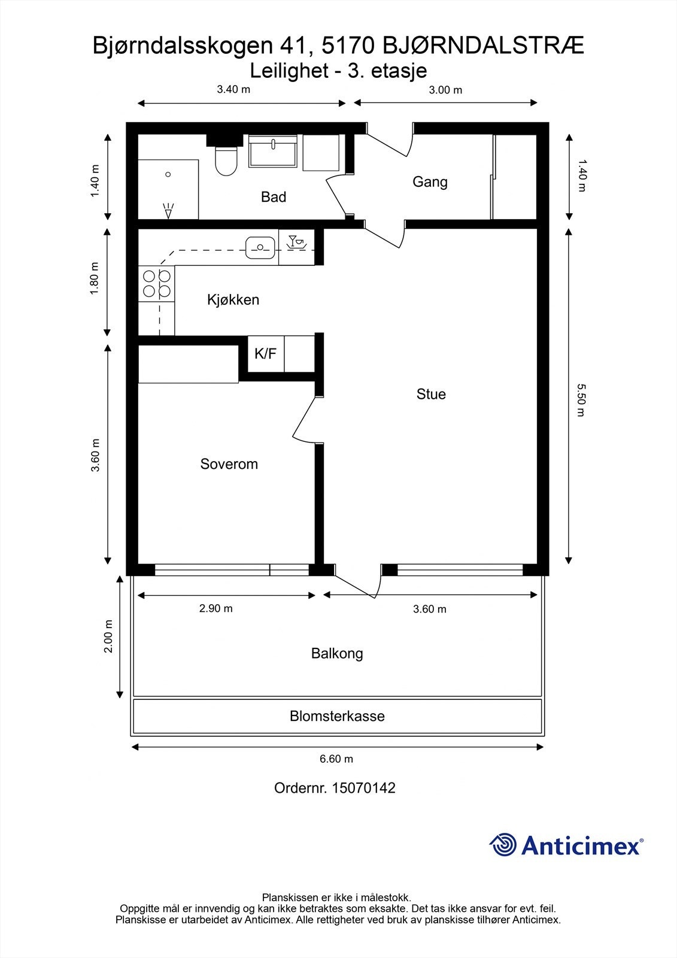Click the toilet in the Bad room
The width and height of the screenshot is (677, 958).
click(226, 162)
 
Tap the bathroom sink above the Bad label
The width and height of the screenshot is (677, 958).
click(273, 151)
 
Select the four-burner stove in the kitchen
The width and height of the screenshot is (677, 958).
click(157, 284)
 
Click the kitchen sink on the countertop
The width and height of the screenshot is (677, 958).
click(260, 247)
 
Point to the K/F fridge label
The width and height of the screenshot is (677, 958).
click(265, 354)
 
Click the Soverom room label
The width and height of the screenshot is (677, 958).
click(229, 464)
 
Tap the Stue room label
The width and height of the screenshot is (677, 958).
click(431, 394)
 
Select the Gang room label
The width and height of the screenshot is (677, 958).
click(430, 181)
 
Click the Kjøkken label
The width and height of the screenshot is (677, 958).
click(233, 300)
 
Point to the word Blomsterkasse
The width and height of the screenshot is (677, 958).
click(337, 716)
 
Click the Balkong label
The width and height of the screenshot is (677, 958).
click(337, 653)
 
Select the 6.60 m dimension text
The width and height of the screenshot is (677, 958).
click(336, 759)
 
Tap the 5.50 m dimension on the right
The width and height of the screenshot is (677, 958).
click(579, 400)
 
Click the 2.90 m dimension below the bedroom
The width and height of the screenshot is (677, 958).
click(215, 609)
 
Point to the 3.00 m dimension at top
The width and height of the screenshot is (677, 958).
click(445, 90)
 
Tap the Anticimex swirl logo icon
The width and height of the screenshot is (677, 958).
click(503, 845)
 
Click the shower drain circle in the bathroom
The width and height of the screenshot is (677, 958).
click(168, 174)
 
